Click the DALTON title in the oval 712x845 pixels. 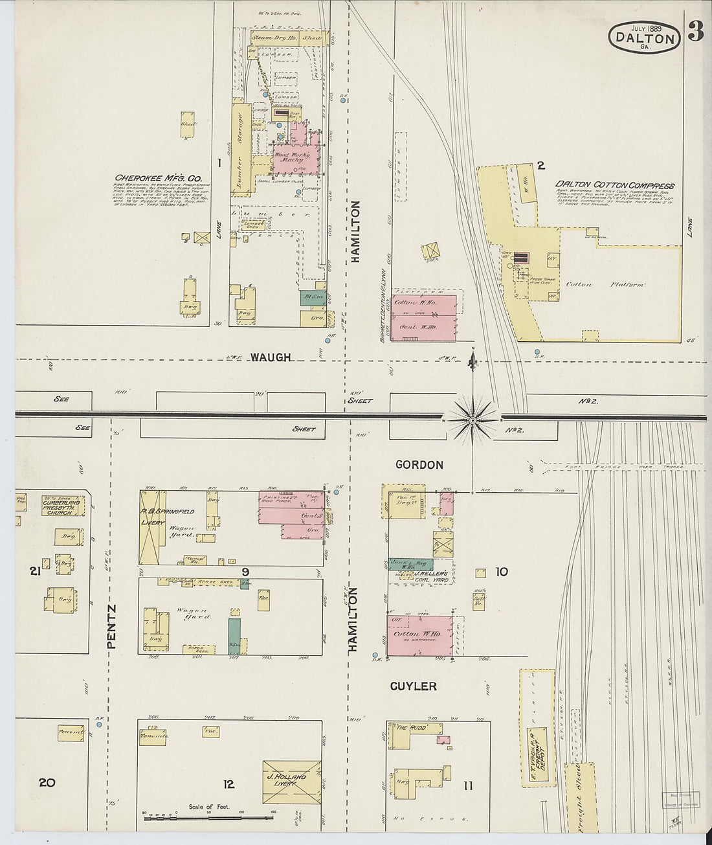tap(644, 38)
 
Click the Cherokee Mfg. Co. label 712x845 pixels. tap(159, 178)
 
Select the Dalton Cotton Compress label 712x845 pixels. tap(614, 185)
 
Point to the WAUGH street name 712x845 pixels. tap(271, 357)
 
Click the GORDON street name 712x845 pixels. tap(419, 465)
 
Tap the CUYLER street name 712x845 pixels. tap(413, 686)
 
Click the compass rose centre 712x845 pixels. tap(473, 420)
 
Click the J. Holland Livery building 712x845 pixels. tap(291, 782)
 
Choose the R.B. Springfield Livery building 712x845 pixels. tap(153, 526)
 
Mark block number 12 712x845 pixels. tap(228, 785)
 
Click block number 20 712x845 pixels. tap(46, 783)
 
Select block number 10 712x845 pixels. tap(502, 572)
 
